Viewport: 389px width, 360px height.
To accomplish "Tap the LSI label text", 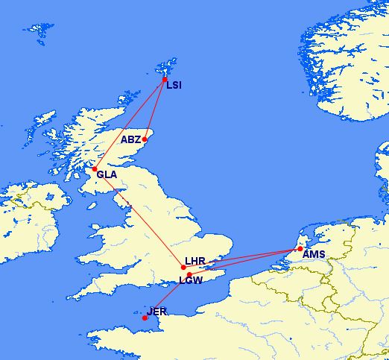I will point(174,86).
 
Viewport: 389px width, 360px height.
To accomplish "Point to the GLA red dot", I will point(94,170).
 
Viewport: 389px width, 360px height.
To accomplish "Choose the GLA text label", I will point(107,175).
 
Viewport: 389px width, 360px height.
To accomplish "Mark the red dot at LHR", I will point(183,267).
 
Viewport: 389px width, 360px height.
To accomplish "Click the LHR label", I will point(194,262).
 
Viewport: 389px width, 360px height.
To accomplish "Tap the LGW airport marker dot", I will point(189,275).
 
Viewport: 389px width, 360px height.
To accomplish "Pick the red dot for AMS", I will point(300,249).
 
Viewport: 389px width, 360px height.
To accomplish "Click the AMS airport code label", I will point(314,254).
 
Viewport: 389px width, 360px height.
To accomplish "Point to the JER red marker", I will point(145,318).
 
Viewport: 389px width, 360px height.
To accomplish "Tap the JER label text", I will point(158,311).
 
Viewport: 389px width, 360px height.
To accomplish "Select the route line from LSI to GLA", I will point(130,124).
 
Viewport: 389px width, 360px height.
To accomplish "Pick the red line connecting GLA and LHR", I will point(139,218).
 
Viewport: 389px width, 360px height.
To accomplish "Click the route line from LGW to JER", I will point(167,297).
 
